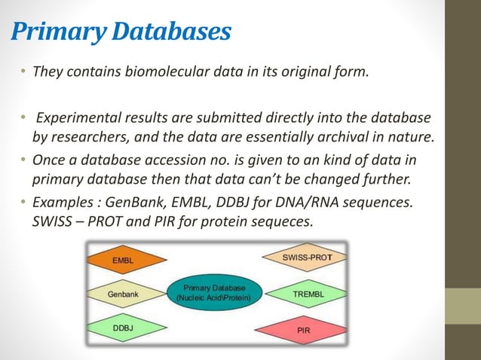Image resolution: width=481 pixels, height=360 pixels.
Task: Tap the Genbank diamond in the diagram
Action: pyautogui.click(x=123, y=294)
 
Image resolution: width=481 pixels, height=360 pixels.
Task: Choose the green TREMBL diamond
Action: pyautogui.click(x=307, y=294)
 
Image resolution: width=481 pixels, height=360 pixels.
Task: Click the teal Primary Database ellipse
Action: pyautogui.click(x=216, y=293)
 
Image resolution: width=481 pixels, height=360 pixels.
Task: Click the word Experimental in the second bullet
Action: pyautogui.click(x=73, y=119)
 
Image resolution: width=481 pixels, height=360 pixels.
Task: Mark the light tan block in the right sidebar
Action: pyautogui.click(x=462, y=305)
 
